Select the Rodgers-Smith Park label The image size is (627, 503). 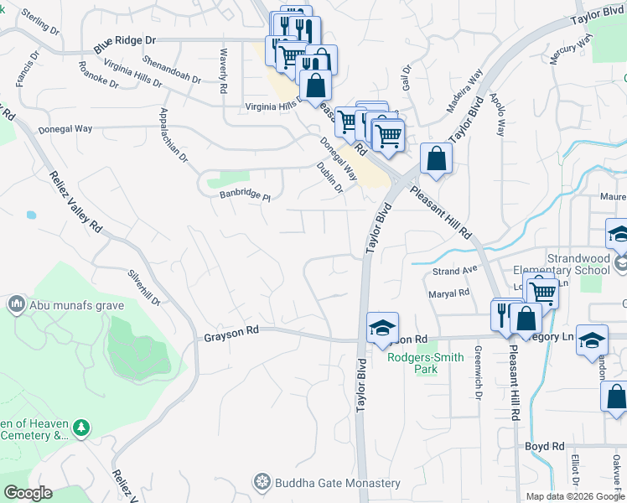413,363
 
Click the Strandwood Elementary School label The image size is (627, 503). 567,265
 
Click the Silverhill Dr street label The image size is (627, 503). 142,288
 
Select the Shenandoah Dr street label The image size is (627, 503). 172,70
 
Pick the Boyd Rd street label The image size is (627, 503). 545,447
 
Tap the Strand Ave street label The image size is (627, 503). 454,272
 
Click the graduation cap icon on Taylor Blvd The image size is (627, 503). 382,326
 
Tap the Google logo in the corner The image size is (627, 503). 27,493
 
